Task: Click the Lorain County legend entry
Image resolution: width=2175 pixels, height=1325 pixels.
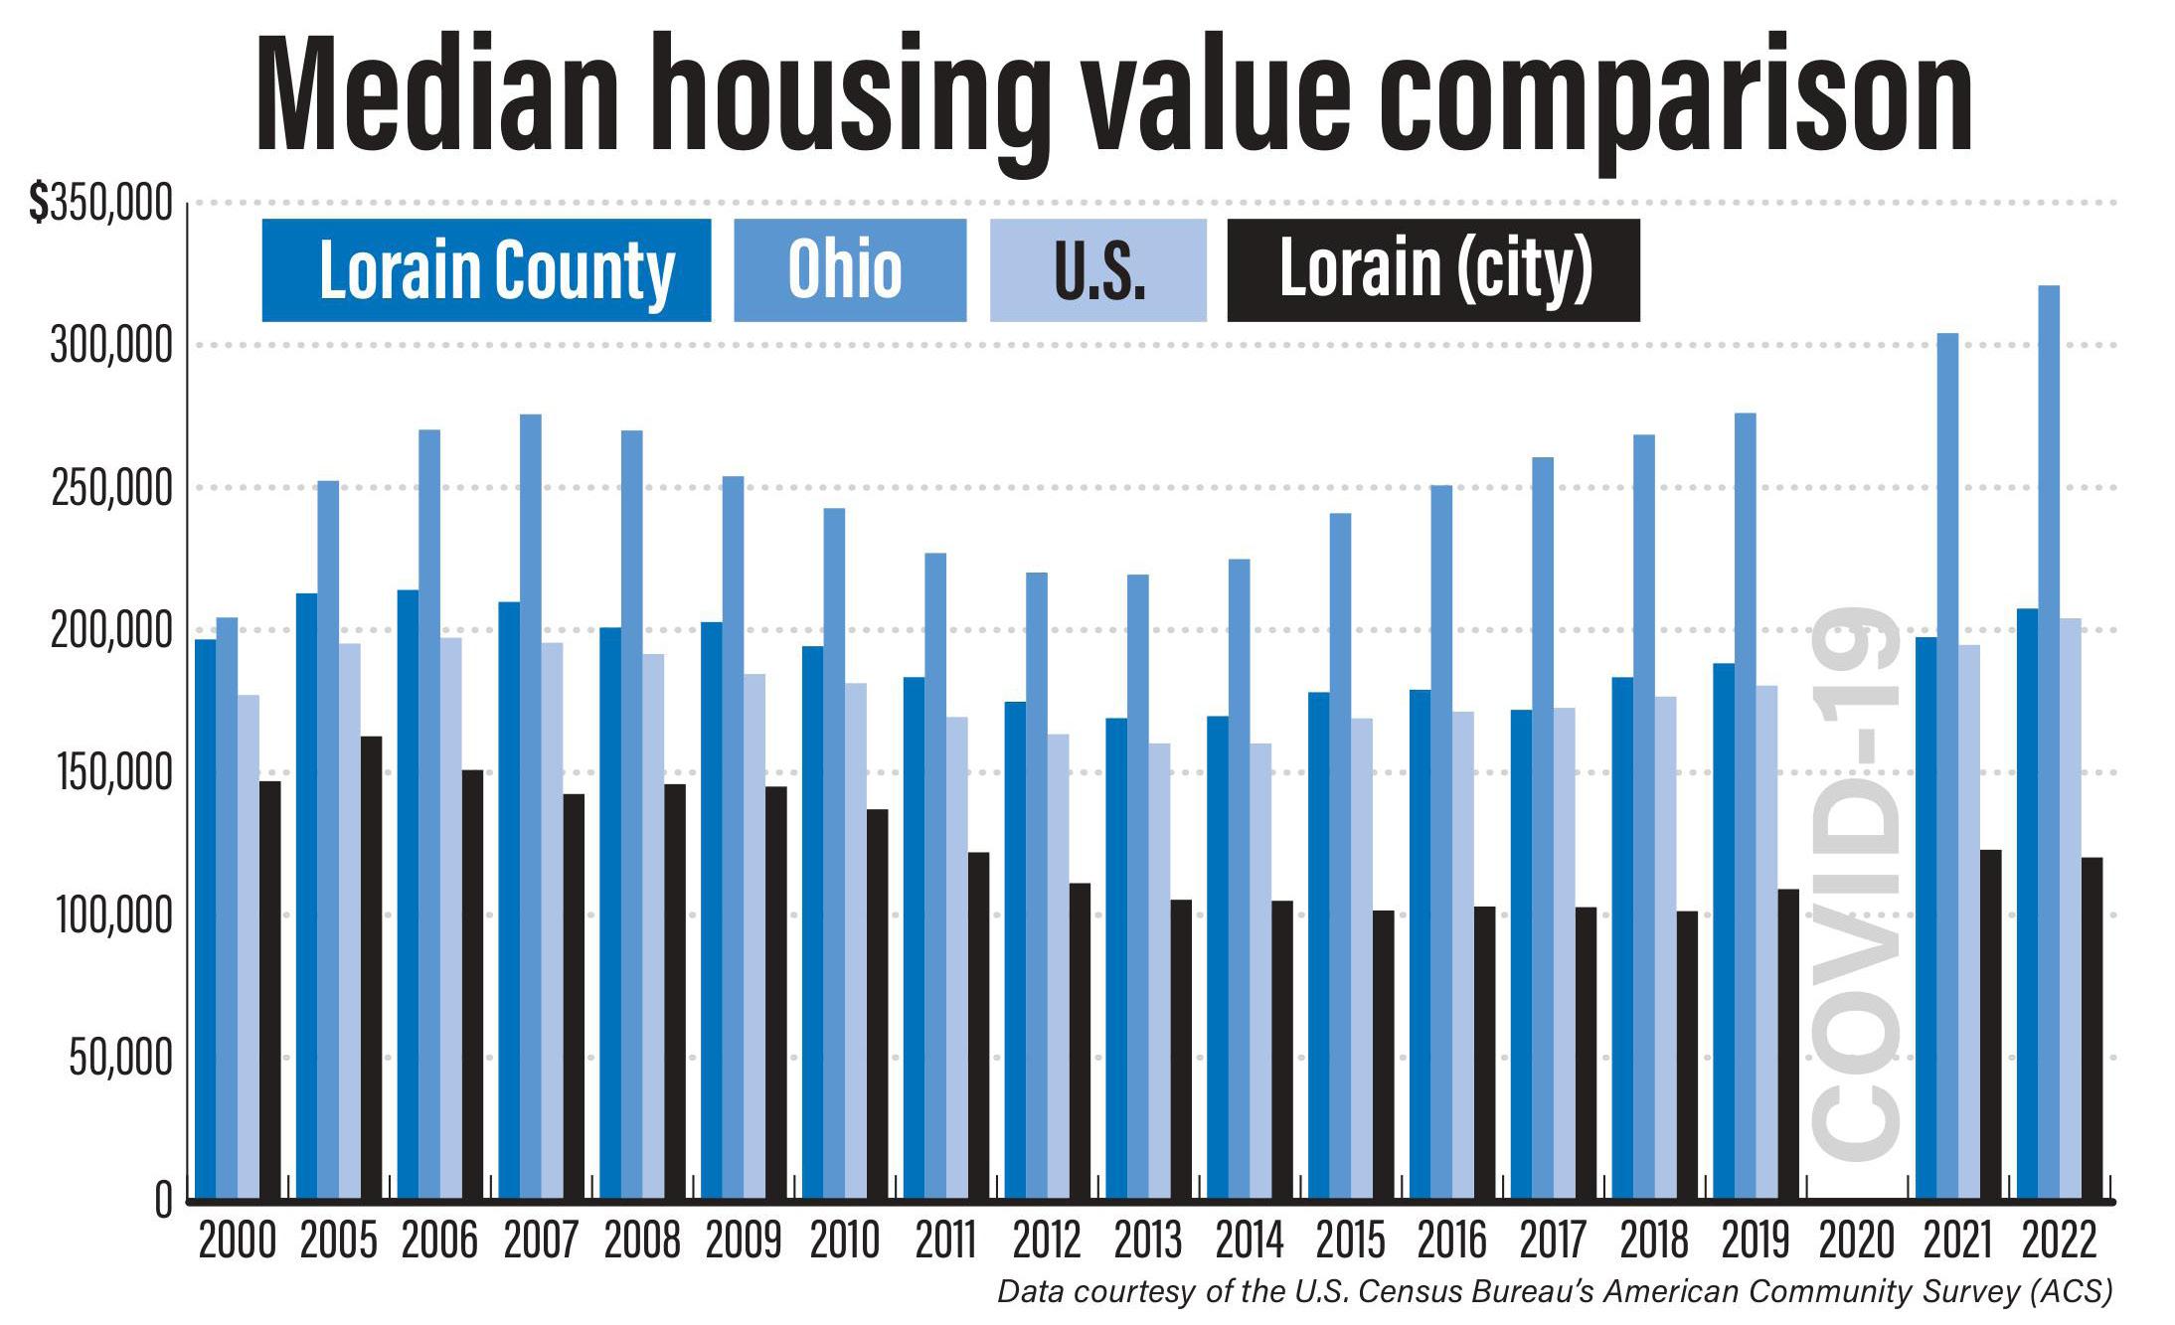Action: tap(486, 270)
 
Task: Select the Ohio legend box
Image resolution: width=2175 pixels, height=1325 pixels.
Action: tap(849, 270)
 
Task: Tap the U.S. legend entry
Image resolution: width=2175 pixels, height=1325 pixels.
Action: tap(1097, 270)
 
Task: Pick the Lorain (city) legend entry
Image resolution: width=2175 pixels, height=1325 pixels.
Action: tap(1432, 270)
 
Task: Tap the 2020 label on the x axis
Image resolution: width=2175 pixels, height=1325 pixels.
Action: tap(1857, 1241)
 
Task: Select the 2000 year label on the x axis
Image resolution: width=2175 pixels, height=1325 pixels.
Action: tap(238, 1241)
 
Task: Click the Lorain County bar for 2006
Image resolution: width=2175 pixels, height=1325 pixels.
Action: tap(408, 895)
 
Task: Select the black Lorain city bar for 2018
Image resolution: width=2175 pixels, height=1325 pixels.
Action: tap(1687, 1054)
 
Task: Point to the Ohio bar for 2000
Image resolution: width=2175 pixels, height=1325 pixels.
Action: tap(227, 905)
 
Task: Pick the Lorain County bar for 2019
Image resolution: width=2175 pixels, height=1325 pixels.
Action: tap(1724, 929)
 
